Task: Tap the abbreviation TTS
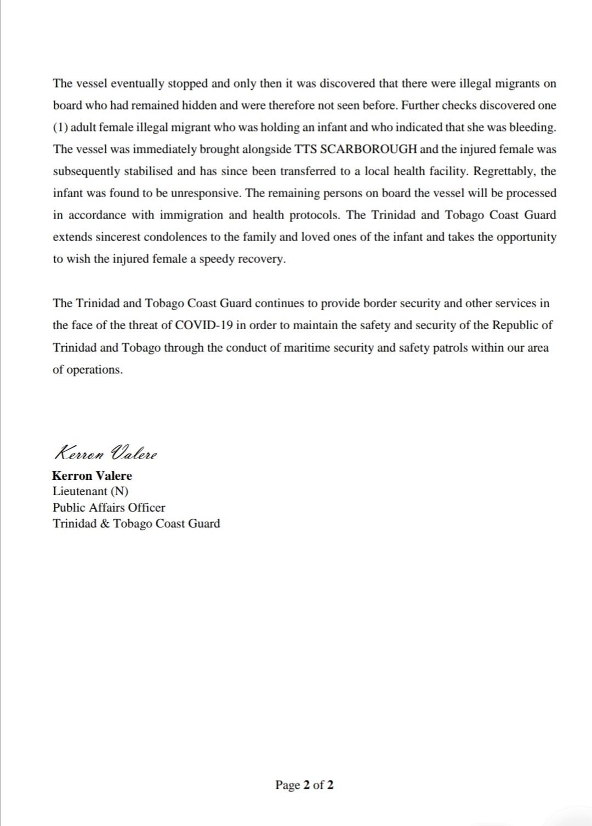coord(305,149)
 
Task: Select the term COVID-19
coord(204,325)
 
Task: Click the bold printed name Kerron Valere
coord(92,475)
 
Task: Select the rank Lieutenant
coord(79,491)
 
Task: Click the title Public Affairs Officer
coord(109,507)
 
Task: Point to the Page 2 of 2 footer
coord(304,785)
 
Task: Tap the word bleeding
coord(532,127)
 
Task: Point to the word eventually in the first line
coord(137,84)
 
